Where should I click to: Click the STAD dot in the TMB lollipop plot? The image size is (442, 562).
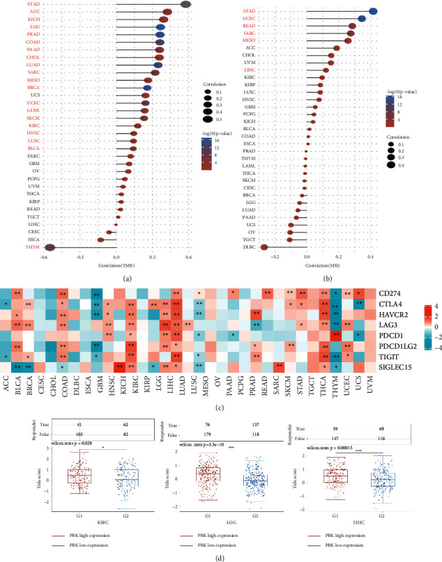[x=186, y=5]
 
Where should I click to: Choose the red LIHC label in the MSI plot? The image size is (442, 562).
[x=248, y=70]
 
